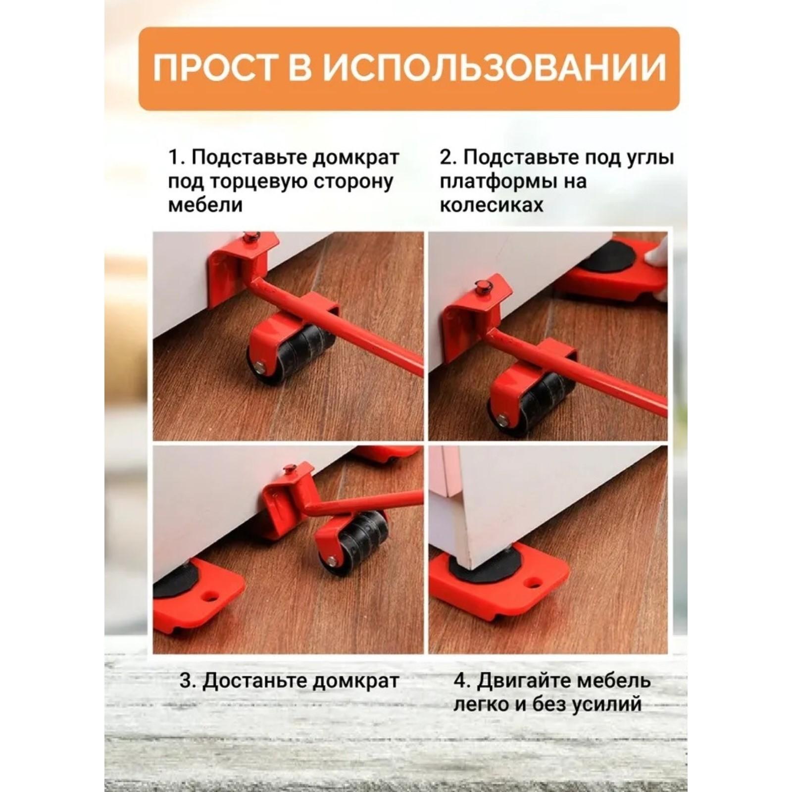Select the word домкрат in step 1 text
pyautogui.click(x=355, y=157)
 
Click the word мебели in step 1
pyautogui.click(x=205, y=204)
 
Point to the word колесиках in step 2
pyautogui.click(x=491, y=204)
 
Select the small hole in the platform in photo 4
pyautogui.click(x=534, y=582)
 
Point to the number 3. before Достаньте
pyautogui.click(x=188, y=681)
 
